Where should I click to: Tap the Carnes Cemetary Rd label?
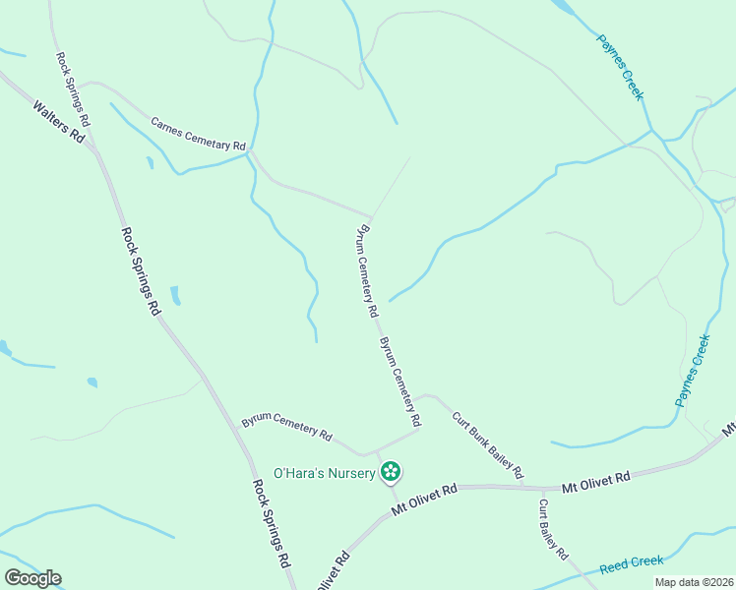pyautogui.click(x=198, y=135)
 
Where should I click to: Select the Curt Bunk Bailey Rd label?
pyautogui.click(x=488, y=445)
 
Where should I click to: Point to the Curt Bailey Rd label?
pyautogui.click(x=553, y=529)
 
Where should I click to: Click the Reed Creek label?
pyautogui.click(x=632, y=563)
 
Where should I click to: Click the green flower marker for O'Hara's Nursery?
pyautogui.click(x=391, y=472)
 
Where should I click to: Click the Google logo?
pyautogui.click(x=32, y=578)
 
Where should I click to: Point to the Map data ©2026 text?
pyautogui.click(x=693, y=582)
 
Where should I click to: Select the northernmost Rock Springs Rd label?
pyautogui.click(x=73, y=89)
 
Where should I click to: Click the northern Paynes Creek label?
pyautogui.click(x=620, y=67)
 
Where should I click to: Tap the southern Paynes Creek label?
pyautogui.click(x=692, y=371)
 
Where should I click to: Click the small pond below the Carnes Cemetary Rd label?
pyautogui.click(x=150, y=163)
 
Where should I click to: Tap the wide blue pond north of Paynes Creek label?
pyautogui.click(x=564, y=10)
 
